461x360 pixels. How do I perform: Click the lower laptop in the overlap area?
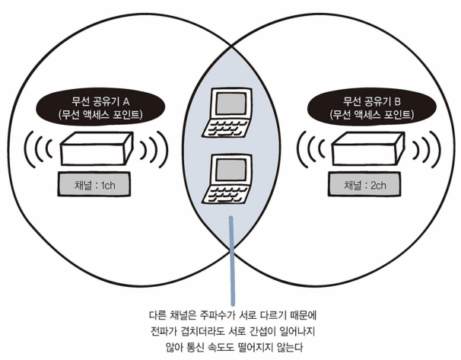230,180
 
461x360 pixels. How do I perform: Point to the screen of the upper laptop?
228,103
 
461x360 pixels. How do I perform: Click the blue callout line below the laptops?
230,259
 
